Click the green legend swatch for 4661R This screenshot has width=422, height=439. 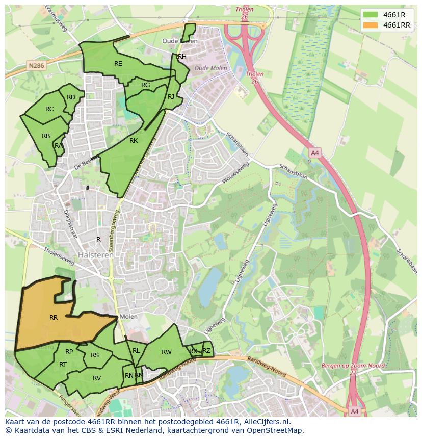pos(371,15)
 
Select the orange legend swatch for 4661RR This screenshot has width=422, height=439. pos(371,25)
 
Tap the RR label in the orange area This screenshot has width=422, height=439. pos(54,318)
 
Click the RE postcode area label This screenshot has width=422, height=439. pos(118,64)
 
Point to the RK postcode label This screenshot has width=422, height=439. pos(134,141)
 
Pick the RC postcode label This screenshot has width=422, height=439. pos(49,109)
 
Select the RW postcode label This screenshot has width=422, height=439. pos(167,352)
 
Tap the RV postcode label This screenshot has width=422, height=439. pos(97,378)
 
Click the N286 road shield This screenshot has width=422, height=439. pos(36,66)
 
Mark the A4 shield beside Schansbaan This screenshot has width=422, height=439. pos(314,152)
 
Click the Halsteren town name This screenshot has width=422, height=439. pos(96,255)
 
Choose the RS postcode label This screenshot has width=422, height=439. pos(95,355)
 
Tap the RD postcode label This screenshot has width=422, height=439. pos(71,97)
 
